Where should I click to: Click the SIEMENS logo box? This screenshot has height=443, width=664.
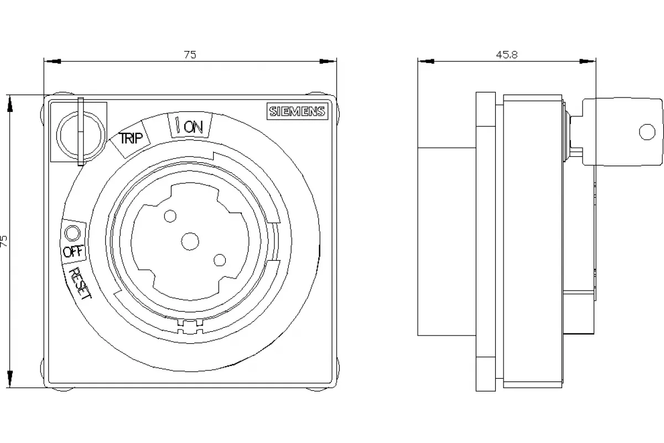(297, 111)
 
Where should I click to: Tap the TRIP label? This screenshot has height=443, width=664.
(131, 138)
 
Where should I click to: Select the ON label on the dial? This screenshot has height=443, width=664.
(193, 127)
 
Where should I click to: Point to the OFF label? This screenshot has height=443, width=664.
(73, 252)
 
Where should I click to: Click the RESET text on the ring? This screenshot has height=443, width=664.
(80, 283)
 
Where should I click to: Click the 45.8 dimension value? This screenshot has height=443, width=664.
(507, 55)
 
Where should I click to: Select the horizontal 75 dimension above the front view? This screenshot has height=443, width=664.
(190, 55)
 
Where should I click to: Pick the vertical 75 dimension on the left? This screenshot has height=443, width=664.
(4, 241)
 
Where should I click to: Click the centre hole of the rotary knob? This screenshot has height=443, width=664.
(190, 241)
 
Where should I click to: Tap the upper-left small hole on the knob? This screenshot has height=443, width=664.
(170, 217)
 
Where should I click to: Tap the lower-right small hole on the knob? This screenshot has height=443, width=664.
(220, 260)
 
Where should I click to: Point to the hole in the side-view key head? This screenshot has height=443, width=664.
(647, 132)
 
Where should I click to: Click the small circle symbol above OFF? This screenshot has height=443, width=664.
(72, 233)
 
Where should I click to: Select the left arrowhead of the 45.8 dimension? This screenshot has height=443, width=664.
(426, 61)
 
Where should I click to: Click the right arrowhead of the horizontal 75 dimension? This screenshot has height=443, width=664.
(328, 61)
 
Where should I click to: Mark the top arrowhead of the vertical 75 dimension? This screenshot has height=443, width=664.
(10, 104)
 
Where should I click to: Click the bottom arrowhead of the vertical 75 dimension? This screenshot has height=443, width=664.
(10, 379)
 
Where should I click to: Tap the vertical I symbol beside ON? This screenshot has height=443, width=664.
(178, 125)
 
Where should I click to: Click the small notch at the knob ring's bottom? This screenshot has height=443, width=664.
(190, 326)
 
